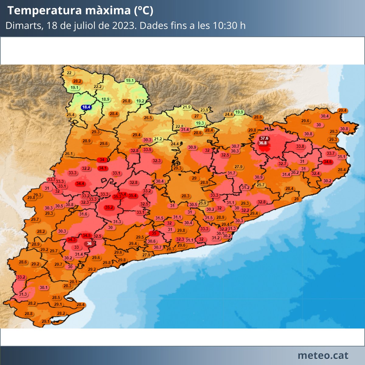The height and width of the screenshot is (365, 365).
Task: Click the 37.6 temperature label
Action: [x=264, y=138]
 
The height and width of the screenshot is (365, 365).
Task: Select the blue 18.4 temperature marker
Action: [x=86, y=107]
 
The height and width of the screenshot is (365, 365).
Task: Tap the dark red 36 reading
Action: [x=89, y=243]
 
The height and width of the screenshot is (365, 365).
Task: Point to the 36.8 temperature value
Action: [x=262, y=143]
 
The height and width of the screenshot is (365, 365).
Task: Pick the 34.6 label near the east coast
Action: [x=328, y=162]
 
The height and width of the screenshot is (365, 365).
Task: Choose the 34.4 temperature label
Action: [x=80, y=183]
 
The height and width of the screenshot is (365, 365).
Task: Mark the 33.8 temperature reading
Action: [x=300, y=146]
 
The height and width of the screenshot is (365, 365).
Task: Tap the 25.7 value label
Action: [x=261, y=185]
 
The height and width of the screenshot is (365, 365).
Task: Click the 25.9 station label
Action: [x=202, y=203]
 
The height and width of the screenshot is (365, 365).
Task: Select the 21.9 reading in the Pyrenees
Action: [x=186, y=107]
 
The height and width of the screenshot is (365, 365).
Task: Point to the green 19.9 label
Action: [x=239, y=112]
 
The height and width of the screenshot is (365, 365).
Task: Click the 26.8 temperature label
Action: [x=127, y=101]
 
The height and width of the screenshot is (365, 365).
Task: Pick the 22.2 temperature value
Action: [x=98, y=87]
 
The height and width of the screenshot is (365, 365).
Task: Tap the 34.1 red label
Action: [x=103, y=168]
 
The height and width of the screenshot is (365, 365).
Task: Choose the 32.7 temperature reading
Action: [x=282, y=164]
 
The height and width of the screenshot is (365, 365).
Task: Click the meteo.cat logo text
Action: [x=323, y=355]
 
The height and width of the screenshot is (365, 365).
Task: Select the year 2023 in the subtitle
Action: [x=123, y=25]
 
